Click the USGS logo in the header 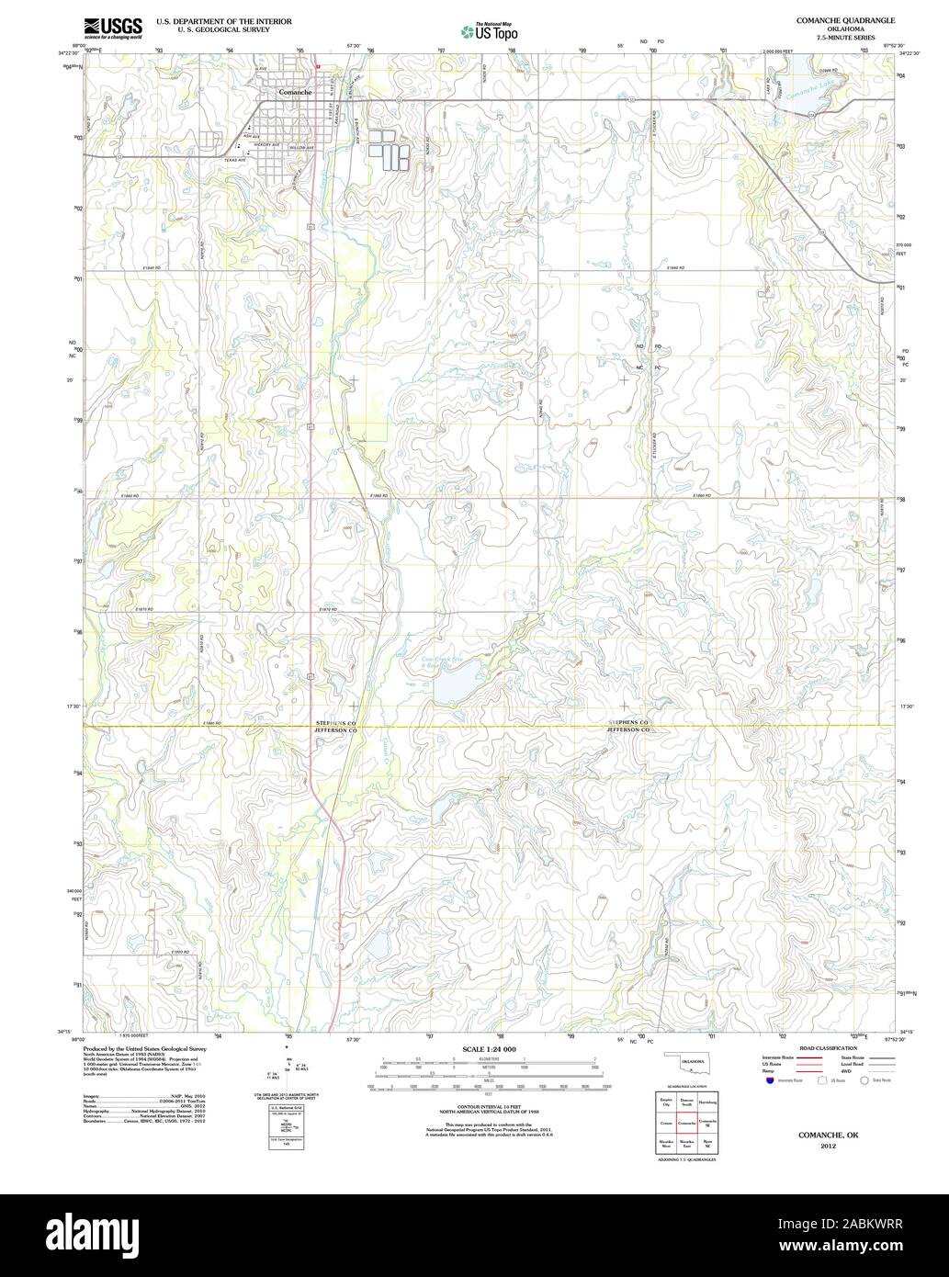click(112, 28)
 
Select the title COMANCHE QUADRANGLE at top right click(835, 19)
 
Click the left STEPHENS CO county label click(334, 723)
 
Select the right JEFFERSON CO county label click(627, 729)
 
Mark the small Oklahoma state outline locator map click(687, 1066)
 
